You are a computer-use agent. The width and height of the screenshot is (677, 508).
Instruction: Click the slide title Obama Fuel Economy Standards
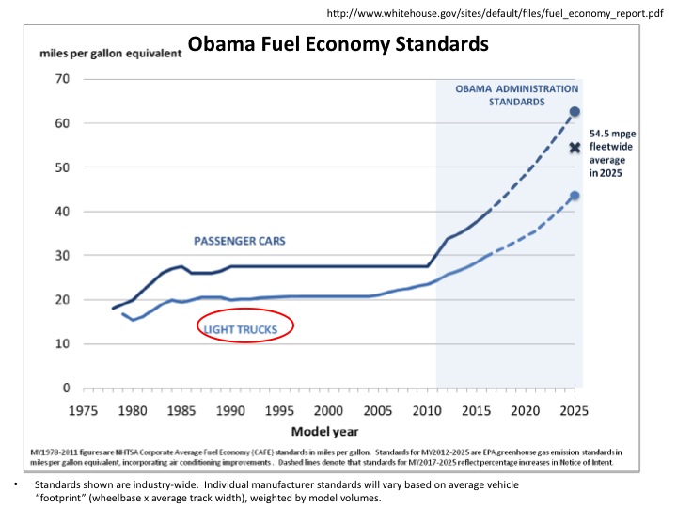[x=338, y=44]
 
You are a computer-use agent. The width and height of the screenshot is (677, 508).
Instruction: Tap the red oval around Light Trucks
[x=246, y=328]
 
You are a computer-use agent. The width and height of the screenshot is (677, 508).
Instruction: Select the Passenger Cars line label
[x=240, y=242]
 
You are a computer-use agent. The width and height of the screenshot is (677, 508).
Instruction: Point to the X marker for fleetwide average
[x=575, y=148]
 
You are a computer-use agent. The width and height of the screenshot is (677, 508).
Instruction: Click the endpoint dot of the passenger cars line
[x=575, y=112]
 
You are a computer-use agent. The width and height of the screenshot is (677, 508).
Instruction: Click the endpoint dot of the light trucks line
[x=575, y=196]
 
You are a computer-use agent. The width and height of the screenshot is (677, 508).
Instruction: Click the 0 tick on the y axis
[x=67, y=388]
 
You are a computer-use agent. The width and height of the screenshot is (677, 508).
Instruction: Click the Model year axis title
[x=325, y=430]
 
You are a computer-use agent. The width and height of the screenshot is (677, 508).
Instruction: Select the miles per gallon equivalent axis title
[x=111, y=53]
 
